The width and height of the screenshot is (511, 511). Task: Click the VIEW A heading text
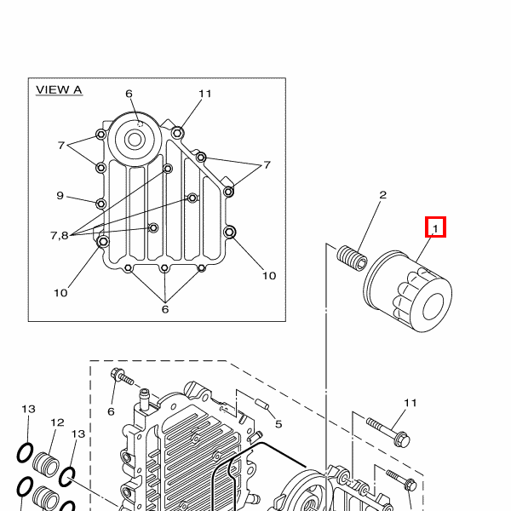(59, 90)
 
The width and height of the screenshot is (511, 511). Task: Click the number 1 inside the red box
(435, 229)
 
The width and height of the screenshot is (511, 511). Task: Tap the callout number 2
(383, 195)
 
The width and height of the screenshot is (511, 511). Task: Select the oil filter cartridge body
(407, 291)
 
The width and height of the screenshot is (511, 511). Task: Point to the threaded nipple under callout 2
(352, 258)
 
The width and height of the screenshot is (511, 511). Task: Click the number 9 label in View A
(60, 196)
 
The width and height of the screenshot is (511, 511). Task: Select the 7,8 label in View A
(60, 235)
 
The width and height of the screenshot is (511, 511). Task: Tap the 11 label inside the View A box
(205, 94)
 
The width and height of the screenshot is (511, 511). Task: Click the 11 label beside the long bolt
(411, 403)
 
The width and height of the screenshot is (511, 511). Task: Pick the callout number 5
(278, 424)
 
